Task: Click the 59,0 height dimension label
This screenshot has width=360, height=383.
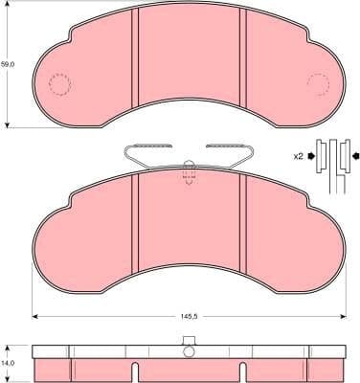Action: point(8,63)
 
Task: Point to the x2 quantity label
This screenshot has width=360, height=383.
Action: point(298,155)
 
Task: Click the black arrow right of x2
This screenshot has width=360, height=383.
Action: point(311,155)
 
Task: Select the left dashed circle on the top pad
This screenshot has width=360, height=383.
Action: point(61,86)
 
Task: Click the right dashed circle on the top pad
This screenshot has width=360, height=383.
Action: point(317,86)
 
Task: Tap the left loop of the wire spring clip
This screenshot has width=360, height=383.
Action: point(130,151)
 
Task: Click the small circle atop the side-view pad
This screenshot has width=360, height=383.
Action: point(189,339)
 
